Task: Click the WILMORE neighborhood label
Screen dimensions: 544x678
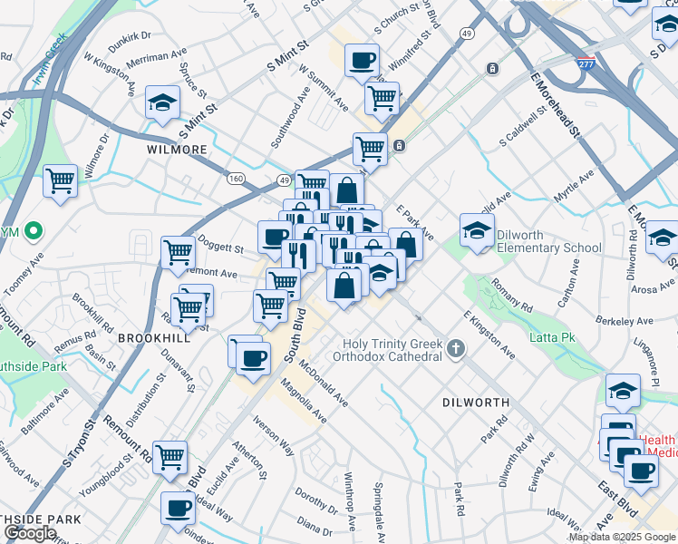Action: click(177, 149)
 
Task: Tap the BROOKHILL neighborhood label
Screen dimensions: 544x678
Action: click(152, 336)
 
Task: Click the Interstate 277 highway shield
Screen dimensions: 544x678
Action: click(586, 64)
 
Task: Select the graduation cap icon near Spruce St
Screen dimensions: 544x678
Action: click(162, 102)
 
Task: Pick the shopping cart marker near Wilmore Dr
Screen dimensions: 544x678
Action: click(61, 180)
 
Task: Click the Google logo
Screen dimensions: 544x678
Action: click(30, 533)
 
